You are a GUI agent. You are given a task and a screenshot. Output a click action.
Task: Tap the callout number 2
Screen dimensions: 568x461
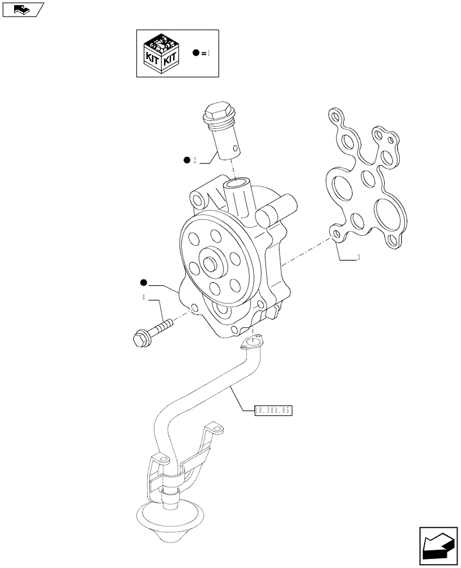(194, 161)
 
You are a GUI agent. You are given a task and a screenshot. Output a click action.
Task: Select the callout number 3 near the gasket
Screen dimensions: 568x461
(358, 258)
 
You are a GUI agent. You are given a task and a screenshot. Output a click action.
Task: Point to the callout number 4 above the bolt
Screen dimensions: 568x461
(144, 297)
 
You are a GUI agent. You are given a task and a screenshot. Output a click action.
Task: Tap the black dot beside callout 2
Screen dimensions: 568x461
(186, 161)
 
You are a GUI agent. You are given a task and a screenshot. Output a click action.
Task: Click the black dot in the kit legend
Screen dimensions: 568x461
(196, 53)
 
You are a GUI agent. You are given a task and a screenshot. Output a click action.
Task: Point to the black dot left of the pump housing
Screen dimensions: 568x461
(144, 282)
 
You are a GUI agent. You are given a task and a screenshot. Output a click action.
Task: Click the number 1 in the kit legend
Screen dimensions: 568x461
(209, 53)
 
